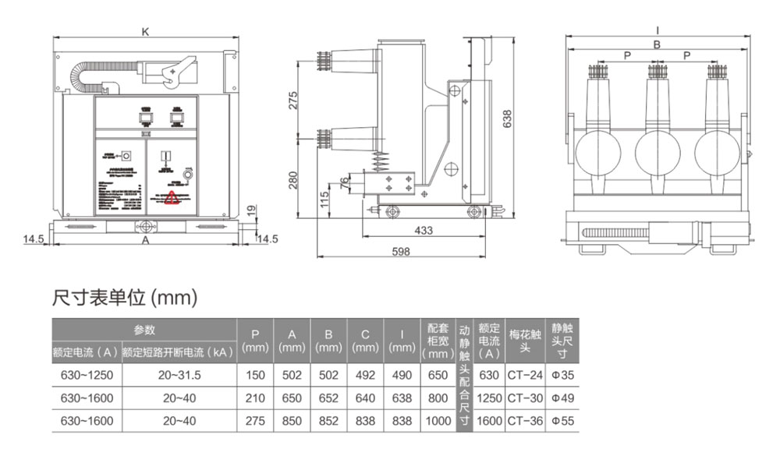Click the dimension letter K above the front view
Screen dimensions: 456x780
click(145, 32)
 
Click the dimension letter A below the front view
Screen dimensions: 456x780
click(145, 242)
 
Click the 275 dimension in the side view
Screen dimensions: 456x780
click(294, 101)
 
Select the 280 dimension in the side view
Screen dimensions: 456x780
click(294, 181)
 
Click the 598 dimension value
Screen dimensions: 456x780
click(400, 251)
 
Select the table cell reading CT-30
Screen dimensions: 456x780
click(524, 398)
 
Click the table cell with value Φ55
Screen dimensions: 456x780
click(562, 421)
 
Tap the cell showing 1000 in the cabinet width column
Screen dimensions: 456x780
click(439, 421)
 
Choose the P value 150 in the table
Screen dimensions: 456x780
click(256, 376)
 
